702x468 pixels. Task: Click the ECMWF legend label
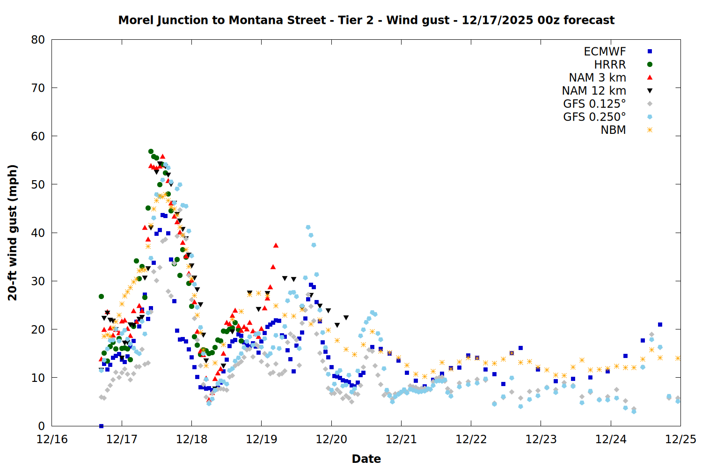coord(605,51)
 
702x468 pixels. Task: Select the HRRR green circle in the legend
coord(650,65)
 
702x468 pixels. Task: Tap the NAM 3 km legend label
coord(597,78)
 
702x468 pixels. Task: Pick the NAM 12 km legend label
coord(594,91)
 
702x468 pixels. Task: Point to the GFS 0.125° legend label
coord(594,104)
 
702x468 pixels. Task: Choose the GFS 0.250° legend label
coord(594,117)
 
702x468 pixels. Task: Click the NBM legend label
coord(613,130)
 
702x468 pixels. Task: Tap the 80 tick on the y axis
coord(38,40)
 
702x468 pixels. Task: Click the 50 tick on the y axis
coord(38,184)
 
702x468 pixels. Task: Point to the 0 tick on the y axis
coord(42,426)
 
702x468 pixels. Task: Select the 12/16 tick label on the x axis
coord(52,439)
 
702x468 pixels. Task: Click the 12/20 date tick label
coord(331,439)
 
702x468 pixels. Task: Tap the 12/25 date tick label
coord(680,439)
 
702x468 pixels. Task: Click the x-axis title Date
coord(366,459)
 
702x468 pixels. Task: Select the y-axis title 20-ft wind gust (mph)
coord(13,233)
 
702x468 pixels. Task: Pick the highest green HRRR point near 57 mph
coord(151,152)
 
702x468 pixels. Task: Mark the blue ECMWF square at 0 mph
coord(101,426)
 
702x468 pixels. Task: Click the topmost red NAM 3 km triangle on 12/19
coord(276,245)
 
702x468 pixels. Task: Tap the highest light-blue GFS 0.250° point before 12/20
coord(308,227)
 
